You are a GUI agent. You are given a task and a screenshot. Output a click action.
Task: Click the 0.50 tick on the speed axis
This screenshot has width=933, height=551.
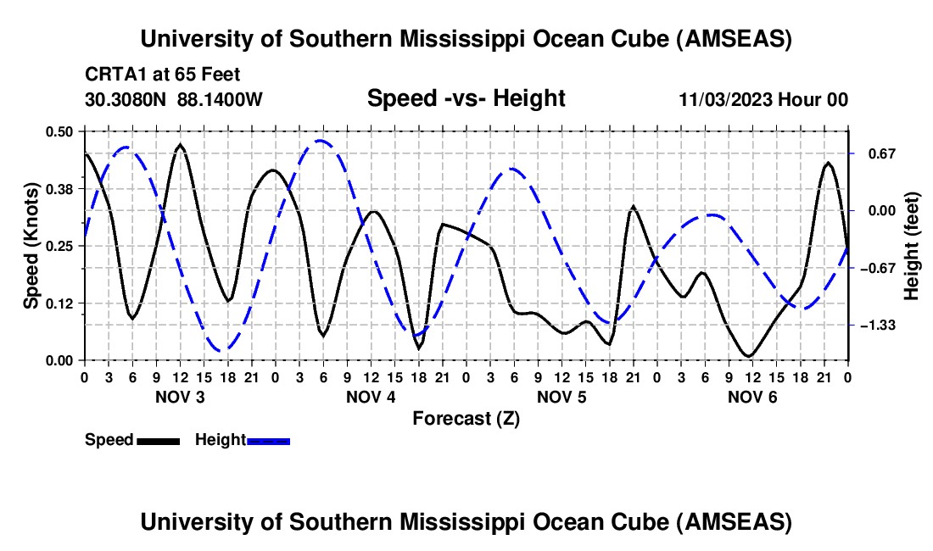pos(59,131)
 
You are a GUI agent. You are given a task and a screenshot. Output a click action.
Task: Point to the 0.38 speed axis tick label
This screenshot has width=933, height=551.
pos(59,188)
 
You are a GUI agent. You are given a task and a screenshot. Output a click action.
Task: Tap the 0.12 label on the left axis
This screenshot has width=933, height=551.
pos(59,303)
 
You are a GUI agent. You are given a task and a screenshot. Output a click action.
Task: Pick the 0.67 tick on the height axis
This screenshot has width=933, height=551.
pos(882,153)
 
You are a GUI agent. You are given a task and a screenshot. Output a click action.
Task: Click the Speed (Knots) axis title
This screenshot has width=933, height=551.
pos(31,246)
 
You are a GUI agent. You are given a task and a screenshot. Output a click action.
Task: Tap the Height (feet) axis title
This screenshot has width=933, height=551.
pos(913,246)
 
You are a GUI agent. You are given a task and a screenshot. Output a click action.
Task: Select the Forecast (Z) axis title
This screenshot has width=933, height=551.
pos(466,418)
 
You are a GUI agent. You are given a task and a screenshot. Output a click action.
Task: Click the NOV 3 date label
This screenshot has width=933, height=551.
pos(180,397)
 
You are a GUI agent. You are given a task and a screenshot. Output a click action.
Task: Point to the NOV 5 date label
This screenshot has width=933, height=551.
pos(561,397)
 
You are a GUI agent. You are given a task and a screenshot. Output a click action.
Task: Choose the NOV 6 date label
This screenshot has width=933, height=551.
pos(752,397)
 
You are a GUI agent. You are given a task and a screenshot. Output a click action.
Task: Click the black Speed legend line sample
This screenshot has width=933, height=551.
pos(158,441)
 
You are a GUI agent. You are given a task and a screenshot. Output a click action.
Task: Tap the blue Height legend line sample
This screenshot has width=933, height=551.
pos(269,441)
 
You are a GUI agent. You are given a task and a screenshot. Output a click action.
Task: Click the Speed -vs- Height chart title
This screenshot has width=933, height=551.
pos(466,99)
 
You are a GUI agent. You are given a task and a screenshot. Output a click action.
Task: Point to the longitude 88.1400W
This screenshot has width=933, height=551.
pos(221,100)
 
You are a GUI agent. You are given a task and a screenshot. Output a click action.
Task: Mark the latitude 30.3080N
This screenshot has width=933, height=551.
pos(126,100)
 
